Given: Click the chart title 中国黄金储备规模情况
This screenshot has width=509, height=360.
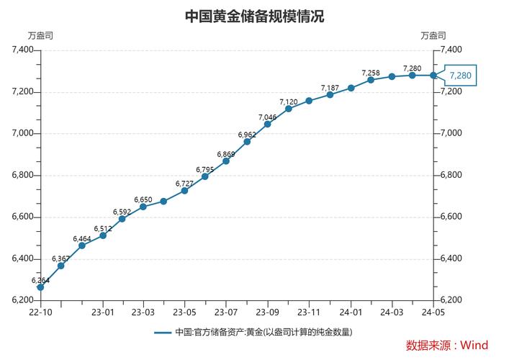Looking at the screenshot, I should point(254,16).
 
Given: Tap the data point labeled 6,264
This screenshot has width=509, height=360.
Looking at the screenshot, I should point(40,287).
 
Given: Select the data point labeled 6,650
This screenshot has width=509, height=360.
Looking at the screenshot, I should point(143,207).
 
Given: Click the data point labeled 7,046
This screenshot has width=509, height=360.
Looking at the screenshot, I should point(268,124).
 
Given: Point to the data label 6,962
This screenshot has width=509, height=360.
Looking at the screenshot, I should point(247,135).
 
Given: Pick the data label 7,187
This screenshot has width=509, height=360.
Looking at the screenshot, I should point(330,88).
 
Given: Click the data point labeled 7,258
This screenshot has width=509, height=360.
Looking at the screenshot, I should point(371,80).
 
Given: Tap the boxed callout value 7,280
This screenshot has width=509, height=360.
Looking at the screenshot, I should point(460,75).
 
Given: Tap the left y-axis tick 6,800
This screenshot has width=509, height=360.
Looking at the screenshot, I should point(23,175).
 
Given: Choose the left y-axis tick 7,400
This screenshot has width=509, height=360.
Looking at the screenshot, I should point(23,50).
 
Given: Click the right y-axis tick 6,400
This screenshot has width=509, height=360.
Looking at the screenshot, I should point(451,258).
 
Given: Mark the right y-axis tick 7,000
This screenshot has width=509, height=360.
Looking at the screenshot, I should point(451,133).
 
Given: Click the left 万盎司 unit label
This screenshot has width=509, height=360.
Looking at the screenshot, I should point(40,35).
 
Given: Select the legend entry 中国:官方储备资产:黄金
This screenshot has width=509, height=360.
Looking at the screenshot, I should point(254,332).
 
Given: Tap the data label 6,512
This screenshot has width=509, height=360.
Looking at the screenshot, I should point(103,229).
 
